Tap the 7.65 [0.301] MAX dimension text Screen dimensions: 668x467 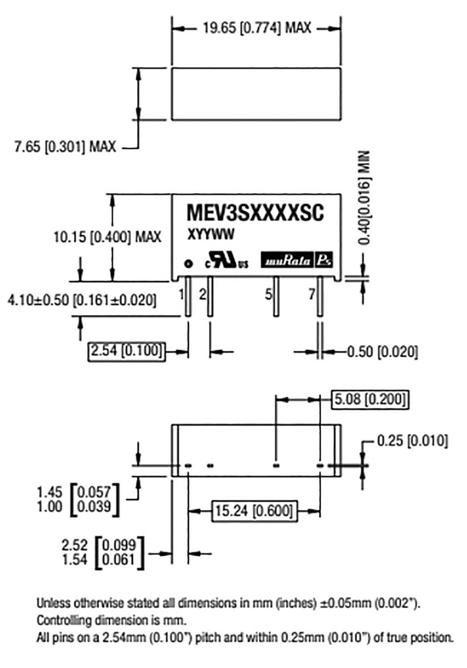click(x=65, y=147)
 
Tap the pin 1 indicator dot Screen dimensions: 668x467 click(x=188, y=264)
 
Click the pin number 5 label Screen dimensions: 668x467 click(x=268, y=294)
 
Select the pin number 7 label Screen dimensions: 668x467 click(x=312, y=294)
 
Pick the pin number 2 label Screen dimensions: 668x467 click(x=202, y=294)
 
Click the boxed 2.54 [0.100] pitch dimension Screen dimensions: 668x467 click(x=126, y=352)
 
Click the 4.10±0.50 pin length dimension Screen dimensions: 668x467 click(x=82, y=301)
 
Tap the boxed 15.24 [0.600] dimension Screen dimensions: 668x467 click(x=252, y=509)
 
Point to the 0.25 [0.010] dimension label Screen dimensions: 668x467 click(x=412, y=442)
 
